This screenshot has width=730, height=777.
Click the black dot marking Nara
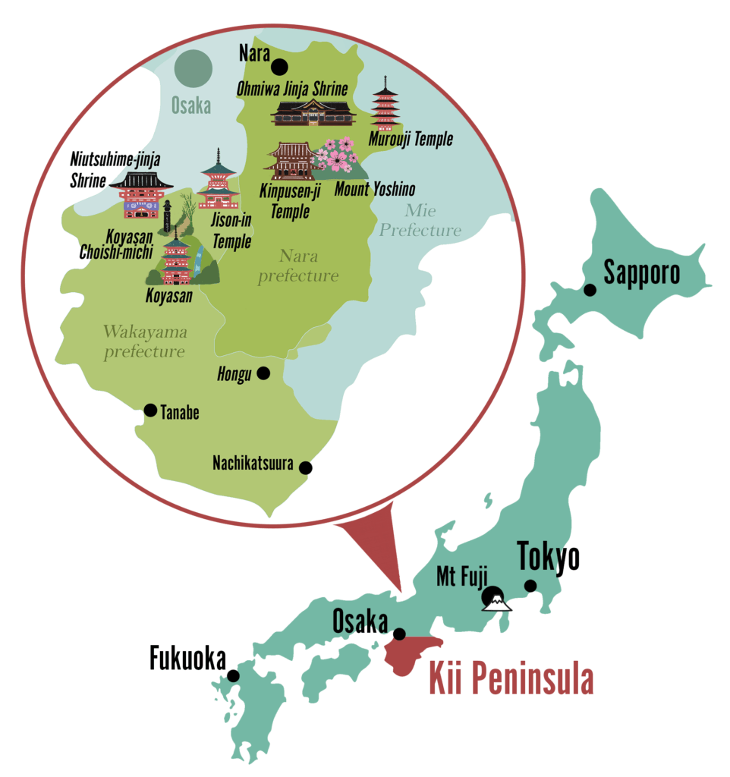pos(281,66)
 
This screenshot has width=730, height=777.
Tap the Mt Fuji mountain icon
pos(496,599)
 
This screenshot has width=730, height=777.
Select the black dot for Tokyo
pos(530,586)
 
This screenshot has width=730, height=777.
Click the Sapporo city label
pos(642,272)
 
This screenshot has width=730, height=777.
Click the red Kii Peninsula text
pos(511,679)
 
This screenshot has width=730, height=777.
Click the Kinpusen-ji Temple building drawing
pos(289,160)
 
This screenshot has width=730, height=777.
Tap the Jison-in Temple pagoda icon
pos(219,181)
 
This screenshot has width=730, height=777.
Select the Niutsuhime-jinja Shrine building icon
pos(140,194)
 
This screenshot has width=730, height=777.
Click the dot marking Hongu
pos(263,373)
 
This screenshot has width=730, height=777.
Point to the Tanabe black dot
pos(151,411)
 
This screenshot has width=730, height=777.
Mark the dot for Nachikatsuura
pos(307,467)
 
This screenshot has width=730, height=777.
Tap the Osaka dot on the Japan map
pos(399,634)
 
